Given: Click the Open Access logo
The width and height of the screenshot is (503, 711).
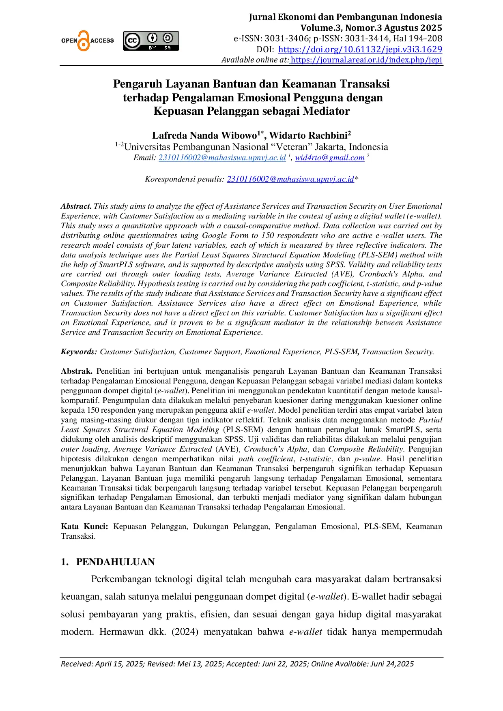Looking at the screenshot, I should coord(87,41).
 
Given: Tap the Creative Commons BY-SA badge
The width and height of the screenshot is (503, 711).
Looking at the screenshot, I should coord(151,41).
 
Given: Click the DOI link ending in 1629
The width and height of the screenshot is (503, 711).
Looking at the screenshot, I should coord(360,49).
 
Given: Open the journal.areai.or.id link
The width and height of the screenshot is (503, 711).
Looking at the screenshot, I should coord(366,60).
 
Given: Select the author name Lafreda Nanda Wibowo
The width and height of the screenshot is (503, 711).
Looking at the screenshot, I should coord(205,135).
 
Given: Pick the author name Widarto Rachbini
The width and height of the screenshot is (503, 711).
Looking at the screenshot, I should coord(308,135).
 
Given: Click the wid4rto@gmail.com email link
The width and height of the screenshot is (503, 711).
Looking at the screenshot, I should coord(329,158).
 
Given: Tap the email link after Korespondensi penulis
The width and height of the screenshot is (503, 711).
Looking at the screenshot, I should coord(290,179).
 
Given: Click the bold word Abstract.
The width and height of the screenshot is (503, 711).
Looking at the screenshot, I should coord(76,206).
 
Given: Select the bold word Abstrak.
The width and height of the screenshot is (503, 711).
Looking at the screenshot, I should coord(77,371).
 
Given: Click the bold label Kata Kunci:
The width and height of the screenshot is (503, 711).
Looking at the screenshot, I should coord(84,527).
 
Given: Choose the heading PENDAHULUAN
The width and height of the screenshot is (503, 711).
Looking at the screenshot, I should coord(116,562).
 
